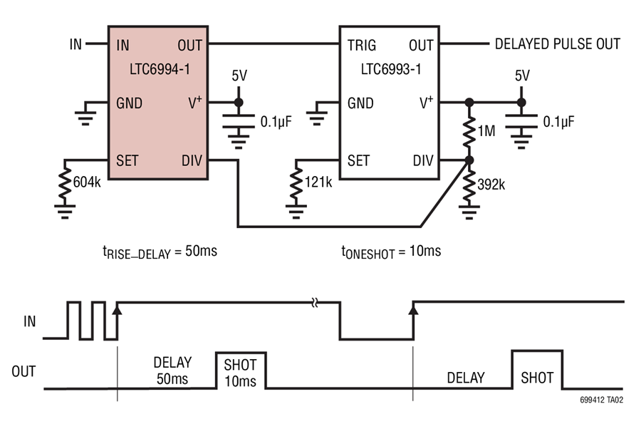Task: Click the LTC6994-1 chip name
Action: coord(160,69)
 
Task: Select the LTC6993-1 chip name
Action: coord(391,69)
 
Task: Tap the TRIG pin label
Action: coord(362,45)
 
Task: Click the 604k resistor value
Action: coord(87,182)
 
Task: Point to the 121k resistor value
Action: coord(318,182)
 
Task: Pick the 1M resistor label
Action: coord(486,131)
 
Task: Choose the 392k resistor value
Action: coord(491,185)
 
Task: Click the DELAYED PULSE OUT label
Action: coord(558,44)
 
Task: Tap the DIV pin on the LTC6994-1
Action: coord(192,160)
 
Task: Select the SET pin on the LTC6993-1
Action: coord(358,160)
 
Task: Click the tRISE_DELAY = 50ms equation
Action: coord(160,252)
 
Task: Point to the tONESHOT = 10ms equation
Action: coord(391,252)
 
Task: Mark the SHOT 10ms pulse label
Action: coord(241,373)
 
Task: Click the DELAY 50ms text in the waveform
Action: coord(172,371)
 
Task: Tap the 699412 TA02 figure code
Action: coord(601,400)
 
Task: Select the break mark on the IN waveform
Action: coord(315,303)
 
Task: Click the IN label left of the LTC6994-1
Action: coord(76,44)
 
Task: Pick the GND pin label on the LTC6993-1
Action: coord(360,103)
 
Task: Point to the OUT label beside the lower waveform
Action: coord(24,372)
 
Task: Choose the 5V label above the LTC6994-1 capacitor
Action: coord(239,76)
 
